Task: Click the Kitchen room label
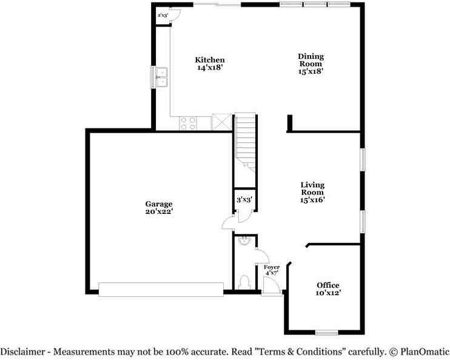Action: [x=210, y=59]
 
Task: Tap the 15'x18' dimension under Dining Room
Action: [x=310, y=71]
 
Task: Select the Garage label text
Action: [x=158, y=204]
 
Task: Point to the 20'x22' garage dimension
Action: [x=158, y=212]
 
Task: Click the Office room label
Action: [x=327, y=285]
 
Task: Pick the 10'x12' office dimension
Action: [x=327, y=293]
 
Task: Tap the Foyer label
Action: [x=271, y=267]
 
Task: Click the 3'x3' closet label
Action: [x=244, y=199]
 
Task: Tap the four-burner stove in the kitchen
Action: [x=189, y=123]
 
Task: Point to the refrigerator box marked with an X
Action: [x=221, y=122]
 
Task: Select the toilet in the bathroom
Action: [x=244, y=282]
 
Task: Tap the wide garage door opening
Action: [x=161, y=290]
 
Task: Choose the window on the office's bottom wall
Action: [x=327, y=332]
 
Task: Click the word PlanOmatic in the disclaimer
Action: [x=424, y=351]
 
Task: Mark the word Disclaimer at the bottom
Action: [x=22, y=351]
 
